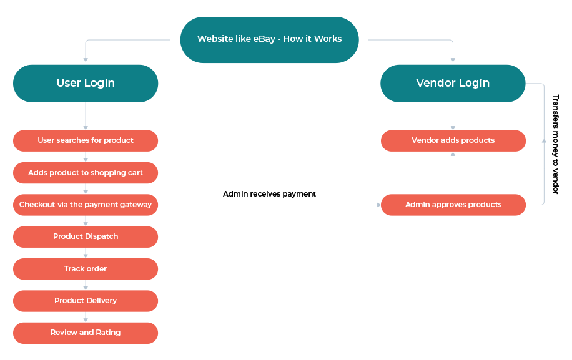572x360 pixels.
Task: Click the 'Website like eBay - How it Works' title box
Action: (269, 40)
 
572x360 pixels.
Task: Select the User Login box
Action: (86, 84)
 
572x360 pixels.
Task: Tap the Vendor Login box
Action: (453, 84)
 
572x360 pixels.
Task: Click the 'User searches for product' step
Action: (86, 140)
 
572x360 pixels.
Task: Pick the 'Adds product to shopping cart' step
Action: (86, 173)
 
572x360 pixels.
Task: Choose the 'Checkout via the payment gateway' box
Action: (86, 205)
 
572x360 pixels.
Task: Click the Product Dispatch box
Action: (86, 237)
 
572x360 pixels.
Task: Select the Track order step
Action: (86, 269)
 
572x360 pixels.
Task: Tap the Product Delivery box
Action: (86, 301)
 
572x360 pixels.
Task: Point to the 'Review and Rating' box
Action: (86, 333)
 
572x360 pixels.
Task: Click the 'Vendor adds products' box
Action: (453, 140)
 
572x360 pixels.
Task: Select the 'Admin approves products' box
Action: (453, 205)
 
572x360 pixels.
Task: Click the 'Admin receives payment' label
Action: (269, 194)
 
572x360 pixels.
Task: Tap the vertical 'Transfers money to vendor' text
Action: (556, 144)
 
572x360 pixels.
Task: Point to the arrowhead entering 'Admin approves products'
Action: (378, 205)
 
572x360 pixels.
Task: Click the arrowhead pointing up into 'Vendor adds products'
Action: (453, 155)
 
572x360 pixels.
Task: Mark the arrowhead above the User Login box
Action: (86, 59)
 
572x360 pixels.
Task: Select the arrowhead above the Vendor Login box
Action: (453, 59)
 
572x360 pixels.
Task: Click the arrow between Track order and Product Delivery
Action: (86, 285)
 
